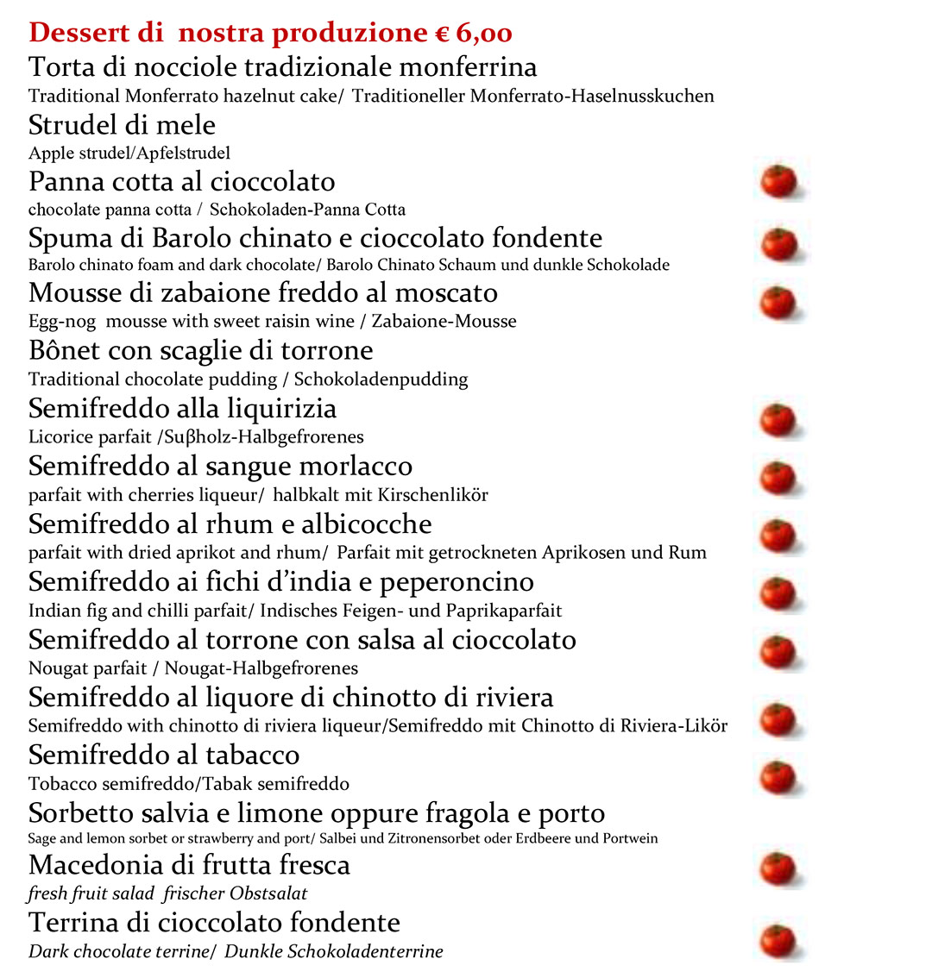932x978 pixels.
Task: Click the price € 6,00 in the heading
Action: tap(473, 34)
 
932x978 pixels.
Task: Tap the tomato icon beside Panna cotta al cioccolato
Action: tap(778, 182)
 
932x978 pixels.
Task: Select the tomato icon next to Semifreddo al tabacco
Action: tap(778, 778)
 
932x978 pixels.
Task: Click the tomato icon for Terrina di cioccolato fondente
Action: tap(778, 941)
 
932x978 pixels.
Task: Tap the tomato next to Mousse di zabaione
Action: tap(778, 303)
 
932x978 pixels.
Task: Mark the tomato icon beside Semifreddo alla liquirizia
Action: tap(778, 420)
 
